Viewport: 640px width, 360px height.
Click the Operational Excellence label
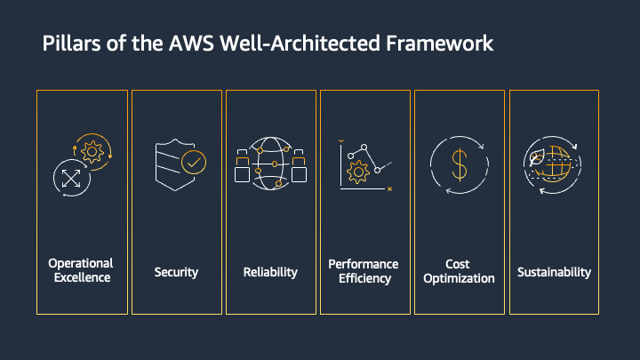[x=81, y=270]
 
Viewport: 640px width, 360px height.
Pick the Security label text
[x=176, y=271]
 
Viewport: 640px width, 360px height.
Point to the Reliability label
[x=270, y=271]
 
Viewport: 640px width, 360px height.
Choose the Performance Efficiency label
[x=364, y=271]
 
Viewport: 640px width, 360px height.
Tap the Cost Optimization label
[x=458, y=271]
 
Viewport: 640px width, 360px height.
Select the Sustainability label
[x=554, y=271]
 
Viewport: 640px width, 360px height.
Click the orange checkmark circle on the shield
[x=193, y=163]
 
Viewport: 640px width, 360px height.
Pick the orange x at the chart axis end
[x=389, y=188]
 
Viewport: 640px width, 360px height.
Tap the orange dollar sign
[x=459, y=164]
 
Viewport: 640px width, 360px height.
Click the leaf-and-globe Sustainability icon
[x=553, y=164]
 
